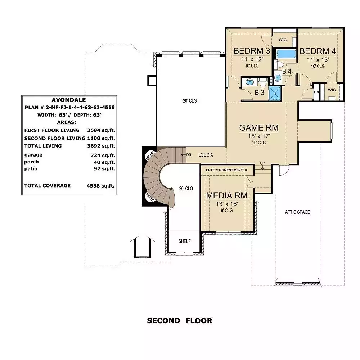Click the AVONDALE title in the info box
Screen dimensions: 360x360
click(x=69, y=100)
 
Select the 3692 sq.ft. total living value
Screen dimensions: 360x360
click(x=101, y=146)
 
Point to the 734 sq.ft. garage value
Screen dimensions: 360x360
click(x=103, y=156)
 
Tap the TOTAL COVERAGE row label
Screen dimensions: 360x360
click(x=48, y=186)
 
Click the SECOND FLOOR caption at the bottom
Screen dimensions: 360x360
click(x=180, y=321)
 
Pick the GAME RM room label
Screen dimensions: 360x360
click(x=259, y=128)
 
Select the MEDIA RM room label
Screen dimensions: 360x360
click(x=226, y=195)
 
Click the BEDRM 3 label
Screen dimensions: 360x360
click(x=252, y=51)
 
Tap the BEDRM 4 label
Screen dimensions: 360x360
click(x=318, y=51)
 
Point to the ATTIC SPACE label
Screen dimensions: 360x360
click(x=297, y=212)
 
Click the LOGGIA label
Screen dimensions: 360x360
click(x=206, y=155)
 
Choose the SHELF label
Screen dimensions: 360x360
click(x=184, y=241)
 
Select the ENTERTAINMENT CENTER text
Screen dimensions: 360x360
click(x=226, y=170)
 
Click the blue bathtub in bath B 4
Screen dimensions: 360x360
click(x=286, y=54)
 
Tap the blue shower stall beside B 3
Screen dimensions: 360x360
click(x=275, y=94)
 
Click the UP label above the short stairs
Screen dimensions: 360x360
click(x=262, y=163)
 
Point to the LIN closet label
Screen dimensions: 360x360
click(x=316, y=92)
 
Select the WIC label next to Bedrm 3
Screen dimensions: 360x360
click(x=283, y=40)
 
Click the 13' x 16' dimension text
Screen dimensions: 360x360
click(x=226, y=204)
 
